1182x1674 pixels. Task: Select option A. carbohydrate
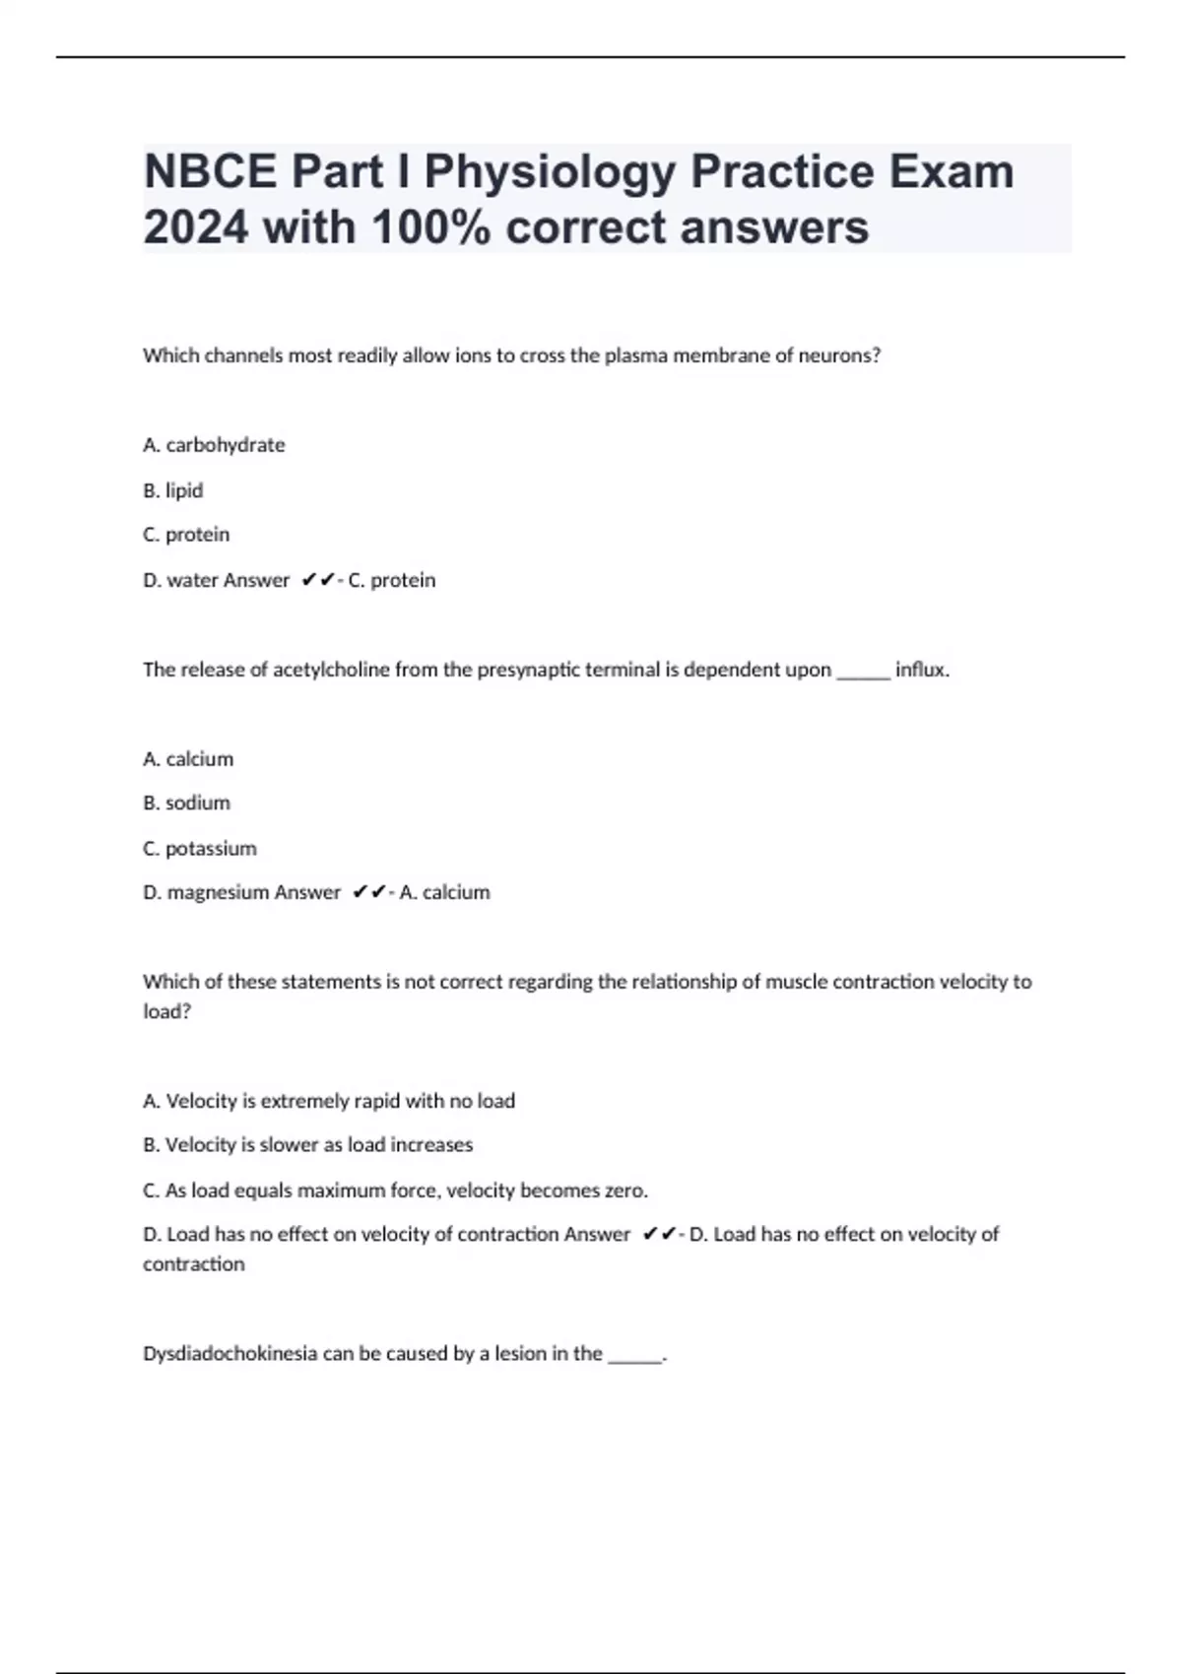pyautogui.click(x=214, y=445)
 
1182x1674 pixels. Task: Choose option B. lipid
pyautogui.click(x=173, y=490)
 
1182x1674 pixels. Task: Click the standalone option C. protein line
pyautogui.click(x=186, y=535)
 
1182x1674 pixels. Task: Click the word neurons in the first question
pyautogui.click(x=837, y=355)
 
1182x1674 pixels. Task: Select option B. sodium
pyautogui.click(x=186, y=804)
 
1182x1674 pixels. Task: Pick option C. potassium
pyautogui.click(x=200, y=849)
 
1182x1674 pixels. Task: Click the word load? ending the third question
pyautogui.click(x=166, y=1011)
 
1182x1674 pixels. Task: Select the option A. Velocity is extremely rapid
pyautogui.click(x=329, y=1101)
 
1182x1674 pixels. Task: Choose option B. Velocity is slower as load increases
pyautogui.click(x=308, y=1145)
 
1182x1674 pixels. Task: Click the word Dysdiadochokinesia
pyautogui.click(x=230, y=1354)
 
